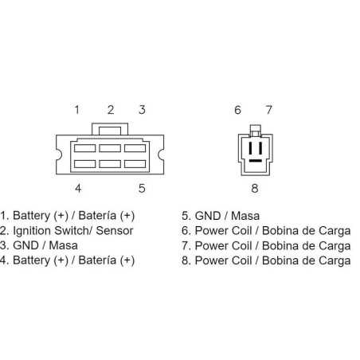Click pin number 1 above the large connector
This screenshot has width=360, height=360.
coord(77,110)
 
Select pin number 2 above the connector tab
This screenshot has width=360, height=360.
coord(111,110)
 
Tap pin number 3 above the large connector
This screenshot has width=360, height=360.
coord(142,110)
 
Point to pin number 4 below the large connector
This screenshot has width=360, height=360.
coord(78,188)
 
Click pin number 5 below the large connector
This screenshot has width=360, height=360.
coord(142,188)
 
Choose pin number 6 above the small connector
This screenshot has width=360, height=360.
coord(237,110)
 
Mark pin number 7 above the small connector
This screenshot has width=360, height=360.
coord(269,110)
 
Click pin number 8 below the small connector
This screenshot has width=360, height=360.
coord(255,188)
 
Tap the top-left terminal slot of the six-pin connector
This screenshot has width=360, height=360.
coord(84,148)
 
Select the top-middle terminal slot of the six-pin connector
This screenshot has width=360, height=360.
coord(110,148)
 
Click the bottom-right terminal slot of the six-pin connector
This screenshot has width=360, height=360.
coord(135,164)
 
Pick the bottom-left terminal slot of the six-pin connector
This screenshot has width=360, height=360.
coord(84,164)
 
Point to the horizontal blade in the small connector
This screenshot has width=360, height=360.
coord(256,161)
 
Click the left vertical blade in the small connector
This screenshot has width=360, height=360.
coord(250,148)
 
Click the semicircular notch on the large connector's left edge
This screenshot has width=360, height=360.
coord(59,155)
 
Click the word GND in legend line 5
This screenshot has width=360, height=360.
coord(208,216)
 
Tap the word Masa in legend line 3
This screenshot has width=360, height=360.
coord(64,245)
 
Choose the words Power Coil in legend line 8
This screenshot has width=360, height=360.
coord(223,260)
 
